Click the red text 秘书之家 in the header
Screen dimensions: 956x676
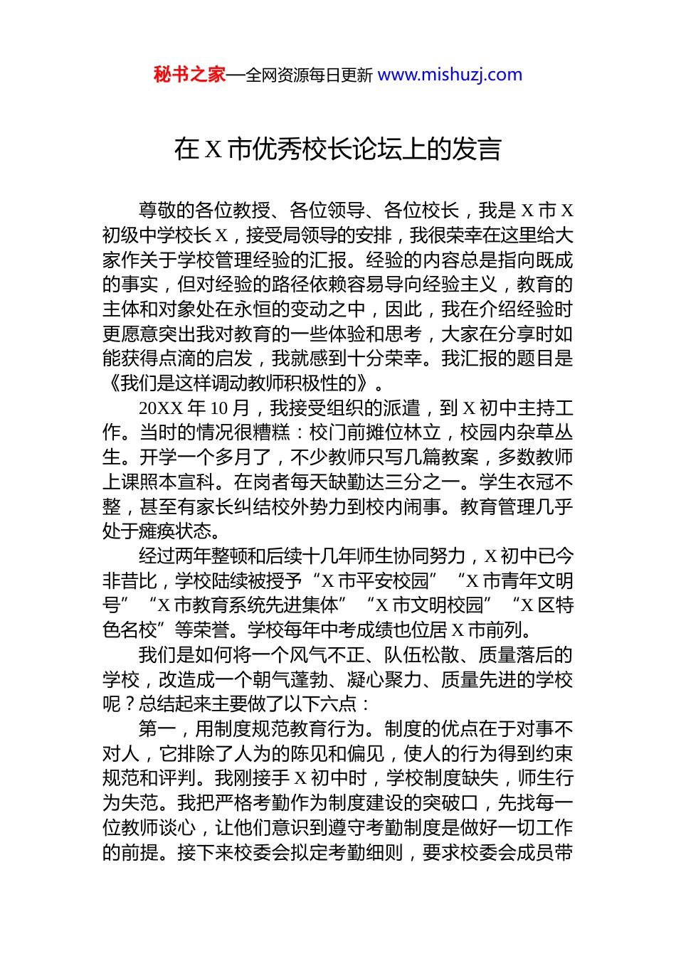coord(189,75)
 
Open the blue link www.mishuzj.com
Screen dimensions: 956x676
coord(450,75)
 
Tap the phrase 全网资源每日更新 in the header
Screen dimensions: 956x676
coord(309,75)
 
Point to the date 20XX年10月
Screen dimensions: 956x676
coord(194,408)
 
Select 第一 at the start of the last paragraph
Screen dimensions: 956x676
coord(157,729)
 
